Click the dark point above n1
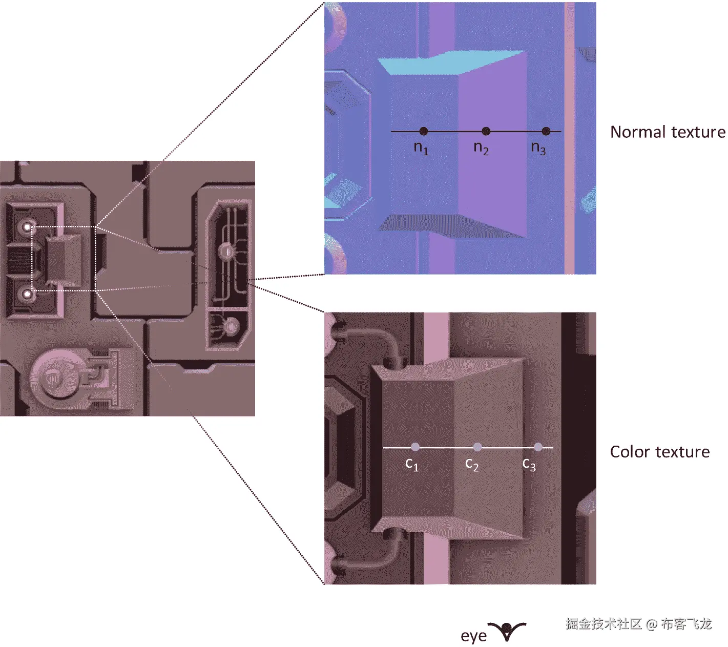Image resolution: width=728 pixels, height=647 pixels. [x=423, y=131]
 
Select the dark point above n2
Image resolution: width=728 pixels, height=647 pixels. [x=486, y=131]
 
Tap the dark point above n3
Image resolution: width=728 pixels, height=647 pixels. [x=546, y=131]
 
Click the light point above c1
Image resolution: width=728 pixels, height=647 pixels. [x=415, y=447]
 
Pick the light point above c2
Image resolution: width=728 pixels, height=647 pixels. [x=477, y=447]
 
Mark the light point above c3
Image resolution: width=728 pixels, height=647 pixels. [x=538, y=447]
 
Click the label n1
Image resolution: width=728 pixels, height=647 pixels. [x=421, y=148]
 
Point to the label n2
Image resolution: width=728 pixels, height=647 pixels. [x=481, y=148]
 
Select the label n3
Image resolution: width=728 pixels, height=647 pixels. [x=538, y=148]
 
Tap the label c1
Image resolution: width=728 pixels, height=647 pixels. [x=412, y=465]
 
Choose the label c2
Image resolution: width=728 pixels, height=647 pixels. [x=472, y=465]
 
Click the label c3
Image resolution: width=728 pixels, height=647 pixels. [x=529, y=465]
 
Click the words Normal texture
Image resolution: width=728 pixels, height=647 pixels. [x=668, y=132]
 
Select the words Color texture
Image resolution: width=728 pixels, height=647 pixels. [x=660, y=452]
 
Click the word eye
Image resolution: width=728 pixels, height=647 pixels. [x=473, y=636]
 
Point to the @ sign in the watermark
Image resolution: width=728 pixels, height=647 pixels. [x=651, y=624]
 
